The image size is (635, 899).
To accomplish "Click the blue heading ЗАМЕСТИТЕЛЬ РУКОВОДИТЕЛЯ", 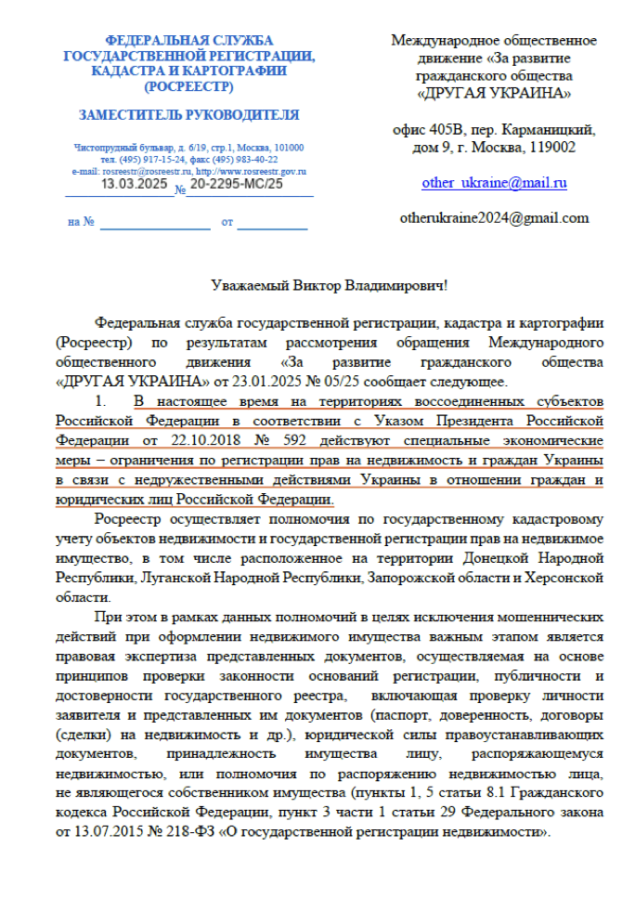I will tap(188, 115).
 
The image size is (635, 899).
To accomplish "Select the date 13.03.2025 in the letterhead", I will tap(135, 184).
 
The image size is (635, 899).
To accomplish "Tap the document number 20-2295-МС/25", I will tap(237, 184).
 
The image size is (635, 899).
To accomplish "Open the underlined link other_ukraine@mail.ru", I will tap(494, 183).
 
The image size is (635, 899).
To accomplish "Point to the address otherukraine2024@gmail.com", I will tap(494, 218).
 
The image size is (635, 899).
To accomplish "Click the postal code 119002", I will tap(551, 147).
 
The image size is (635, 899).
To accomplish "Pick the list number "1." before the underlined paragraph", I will tap(103, 401).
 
